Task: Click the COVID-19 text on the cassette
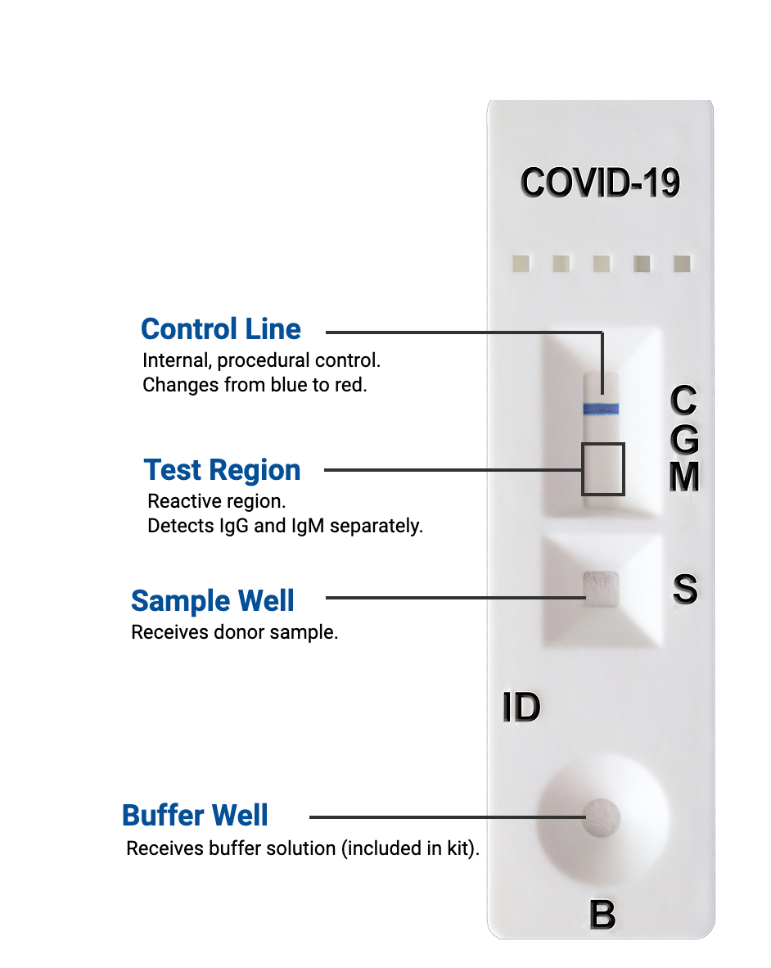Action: (x=600, y=183)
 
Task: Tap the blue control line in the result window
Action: (x=601, y=408)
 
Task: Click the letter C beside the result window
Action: (x=684, y=400)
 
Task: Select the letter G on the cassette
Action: (x=684, y=439)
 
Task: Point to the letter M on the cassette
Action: (x=684, y=477)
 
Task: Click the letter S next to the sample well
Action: (x=685, y=589)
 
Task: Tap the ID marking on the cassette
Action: (x=522, y=707)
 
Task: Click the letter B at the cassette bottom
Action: (x=602, y=914)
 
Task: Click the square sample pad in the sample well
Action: (x=602, y=589)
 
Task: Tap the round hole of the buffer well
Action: (x=602, y=817)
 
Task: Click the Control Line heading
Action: (x=221, y=329)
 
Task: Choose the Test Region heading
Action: (x=222, y=470)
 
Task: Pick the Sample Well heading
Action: (x=213, y=601)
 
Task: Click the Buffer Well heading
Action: (x=195, y=816)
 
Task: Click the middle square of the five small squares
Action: (x=602, y=264)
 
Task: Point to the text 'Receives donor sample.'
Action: (x=234, y=633)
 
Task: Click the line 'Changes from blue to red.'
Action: (x=255, y=385)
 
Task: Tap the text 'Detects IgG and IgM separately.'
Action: (x=285, y=526)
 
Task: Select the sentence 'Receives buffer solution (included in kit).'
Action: (x=303, y=849)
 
